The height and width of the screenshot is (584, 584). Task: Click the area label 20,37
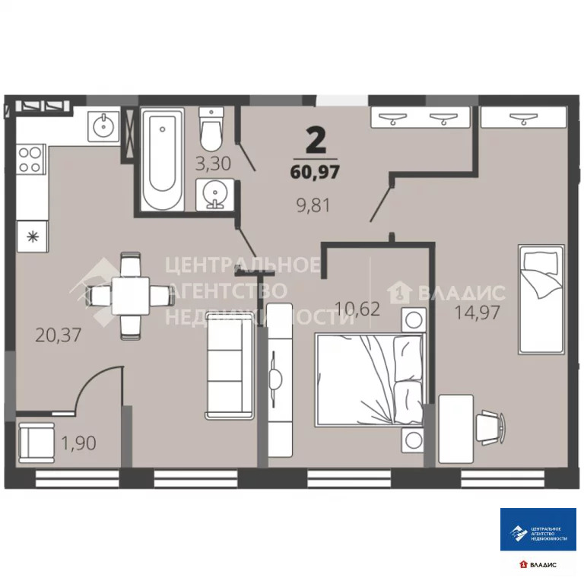(x=58, y=335)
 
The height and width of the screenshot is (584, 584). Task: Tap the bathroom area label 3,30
(x=213, y=163)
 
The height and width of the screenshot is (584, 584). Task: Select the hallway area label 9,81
(x=313, y=205)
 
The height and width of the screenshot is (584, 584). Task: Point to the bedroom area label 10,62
(x=357, y=309)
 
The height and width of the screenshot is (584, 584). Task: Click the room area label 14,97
(x=477, y=312)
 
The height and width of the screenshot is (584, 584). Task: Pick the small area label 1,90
(x=78, y=443)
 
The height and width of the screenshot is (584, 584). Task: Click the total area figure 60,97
(x=315, y=172)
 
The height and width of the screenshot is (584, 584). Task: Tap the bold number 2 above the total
(x=316, y=141)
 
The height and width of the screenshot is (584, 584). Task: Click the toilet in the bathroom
(x=211, y=129)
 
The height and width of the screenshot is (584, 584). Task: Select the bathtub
(x=163, y=160)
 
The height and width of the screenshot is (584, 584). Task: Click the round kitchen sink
(x=104, y=126)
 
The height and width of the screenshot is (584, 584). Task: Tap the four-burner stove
(x=31, y=160)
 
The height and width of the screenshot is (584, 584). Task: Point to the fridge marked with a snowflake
(x=33, y=236)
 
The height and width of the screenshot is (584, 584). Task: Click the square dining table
(x=131, y=296)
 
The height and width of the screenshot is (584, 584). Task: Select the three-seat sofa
(x=230, y=366)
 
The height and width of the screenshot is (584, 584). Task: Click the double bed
(x=370, y=379)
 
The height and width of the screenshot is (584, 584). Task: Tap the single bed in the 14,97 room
(x=541, y=299)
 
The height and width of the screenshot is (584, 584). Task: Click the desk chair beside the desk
(x=491, y=427)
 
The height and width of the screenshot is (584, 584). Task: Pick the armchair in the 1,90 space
(x=36, y=443)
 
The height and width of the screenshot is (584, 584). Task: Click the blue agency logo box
(x=538, y=529)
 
